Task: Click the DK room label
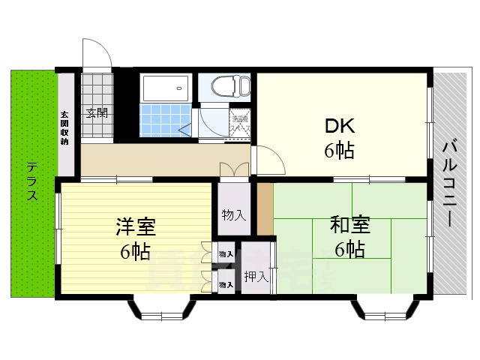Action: tap(339, 124)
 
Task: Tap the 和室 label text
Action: tap(350, 226)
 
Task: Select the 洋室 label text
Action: tap(135, 226)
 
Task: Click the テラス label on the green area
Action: tap(32, 181)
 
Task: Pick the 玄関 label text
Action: tap(96, 114)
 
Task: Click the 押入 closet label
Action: tap(256, 277)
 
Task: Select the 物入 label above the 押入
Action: tap(233, 214)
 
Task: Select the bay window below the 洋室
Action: tap(161, 308)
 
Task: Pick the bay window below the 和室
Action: tap(384, 308)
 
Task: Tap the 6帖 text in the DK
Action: tap(339, 151)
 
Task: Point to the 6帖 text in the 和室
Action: tap(350, 250)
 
